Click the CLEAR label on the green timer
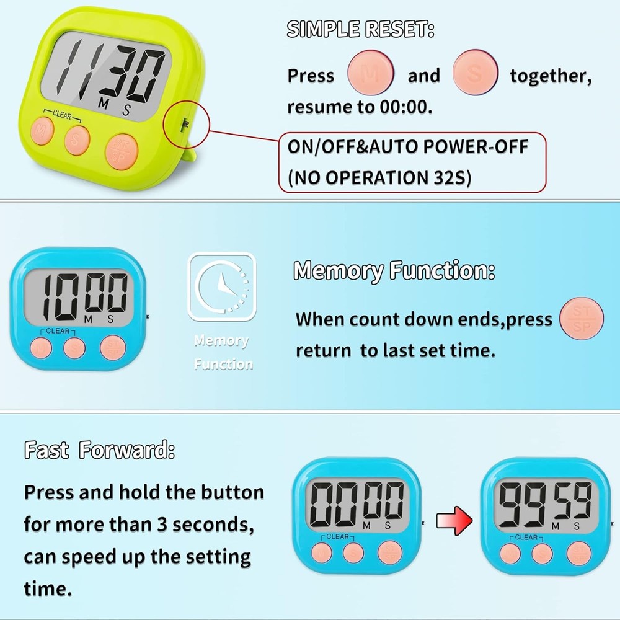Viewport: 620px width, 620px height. click(x=62, y=114)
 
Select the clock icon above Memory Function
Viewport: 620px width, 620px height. click(x=221, y=286)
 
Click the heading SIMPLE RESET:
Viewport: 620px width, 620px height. click(x=360, y=29)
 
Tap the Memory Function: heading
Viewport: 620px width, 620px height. click(x=394, y=271)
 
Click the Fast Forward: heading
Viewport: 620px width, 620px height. click(x=99, y=450)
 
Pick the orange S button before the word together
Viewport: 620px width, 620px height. click(x=476, y=73)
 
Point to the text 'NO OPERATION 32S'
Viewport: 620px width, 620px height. click(x=379, y=177)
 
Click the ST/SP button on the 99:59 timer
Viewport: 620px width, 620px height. click(x=578, y=553)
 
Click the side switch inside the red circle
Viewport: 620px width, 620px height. click(x=184, y=125)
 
